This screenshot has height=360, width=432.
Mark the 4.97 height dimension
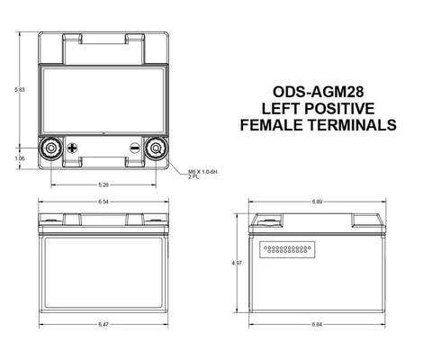click(236, 263)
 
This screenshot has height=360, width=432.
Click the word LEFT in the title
click(281, 109)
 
